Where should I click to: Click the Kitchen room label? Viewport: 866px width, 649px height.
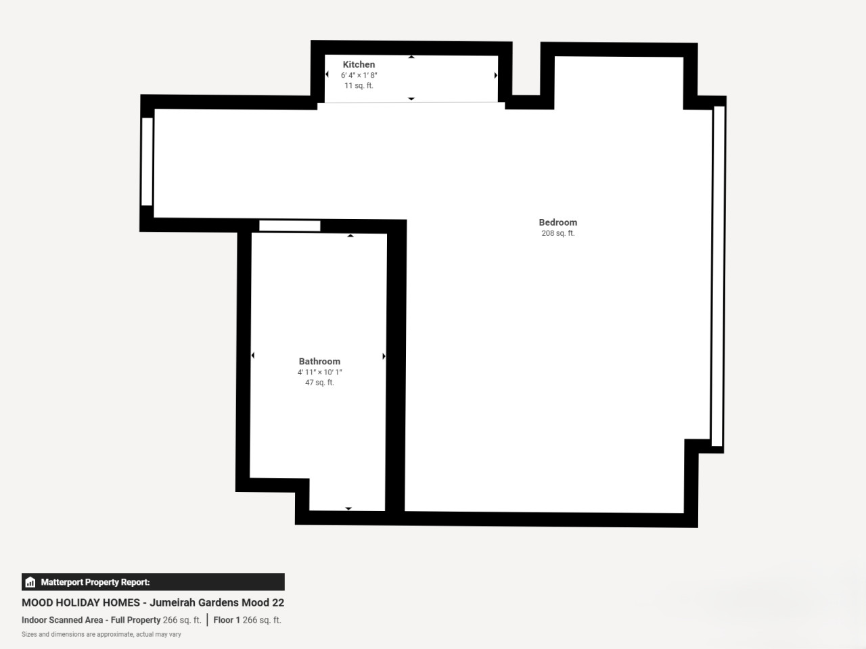point(359,64)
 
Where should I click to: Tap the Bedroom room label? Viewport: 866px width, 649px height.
point(558,222)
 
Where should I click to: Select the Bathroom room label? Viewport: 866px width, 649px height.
point(319,361)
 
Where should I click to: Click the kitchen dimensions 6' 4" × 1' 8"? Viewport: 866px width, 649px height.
point(359,75)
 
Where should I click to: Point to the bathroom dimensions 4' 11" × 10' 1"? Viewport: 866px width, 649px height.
point(319,372)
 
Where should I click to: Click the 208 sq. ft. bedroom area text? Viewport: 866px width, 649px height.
point(558,233)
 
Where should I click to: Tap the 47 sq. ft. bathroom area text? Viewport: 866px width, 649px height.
point(319,382)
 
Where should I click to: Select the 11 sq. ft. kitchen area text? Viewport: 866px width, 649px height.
point(359,85)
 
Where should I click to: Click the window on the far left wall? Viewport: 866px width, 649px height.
point(147,162)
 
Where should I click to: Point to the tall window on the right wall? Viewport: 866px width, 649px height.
point(719,276)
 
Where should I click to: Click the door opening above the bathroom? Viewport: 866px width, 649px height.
point(290,226)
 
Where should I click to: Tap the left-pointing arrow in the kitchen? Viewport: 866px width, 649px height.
point(327,74)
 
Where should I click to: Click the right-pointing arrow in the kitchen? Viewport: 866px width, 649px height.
point(495,75)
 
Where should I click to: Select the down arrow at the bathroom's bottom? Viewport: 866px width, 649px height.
point(348,508)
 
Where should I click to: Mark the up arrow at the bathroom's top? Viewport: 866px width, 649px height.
point(350,236)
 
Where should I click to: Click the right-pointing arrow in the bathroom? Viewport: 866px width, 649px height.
point(384,356)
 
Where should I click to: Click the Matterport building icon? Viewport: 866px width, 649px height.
point(30,582)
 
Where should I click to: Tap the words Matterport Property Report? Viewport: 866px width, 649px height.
point(95,582)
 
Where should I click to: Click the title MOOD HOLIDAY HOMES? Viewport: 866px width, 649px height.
point(81,602)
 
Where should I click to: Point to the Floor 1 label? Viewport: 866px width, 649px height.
point(227,620)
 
